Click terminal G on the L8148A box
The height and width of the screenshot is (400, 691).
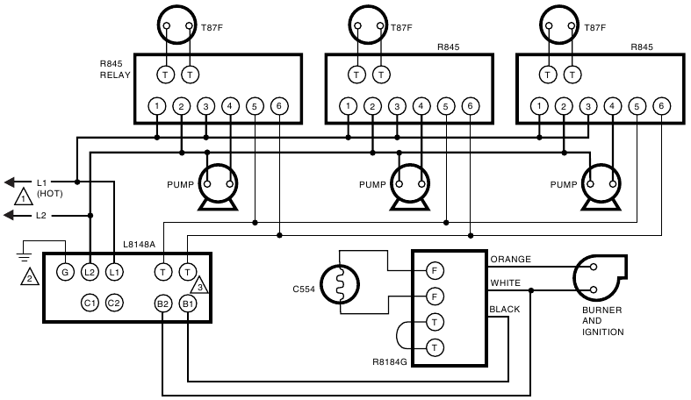tap(64, 272)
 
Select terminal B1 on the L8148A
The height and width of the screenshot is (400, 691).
tap(188, 304)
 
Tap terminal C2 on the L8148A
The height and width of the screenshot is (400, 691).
tap(114, 304)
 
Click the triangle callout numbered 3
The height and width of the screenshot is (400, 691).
tap(200, 285)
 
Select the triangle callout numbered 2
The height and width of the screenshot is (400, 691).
tap(30, 278)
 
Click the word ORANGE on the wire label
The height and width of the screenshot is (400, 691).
tap(512, 260)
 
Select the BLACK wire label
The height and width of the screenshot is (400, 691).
tap(506, 310)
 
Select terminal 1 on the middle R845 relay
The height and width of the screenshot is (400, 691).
tap(349, 107)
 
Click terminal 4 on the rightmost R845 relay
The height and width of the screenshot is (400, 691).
tap(612, 107)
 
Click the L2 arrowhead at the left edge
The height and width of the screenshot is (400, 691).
tap(11, 215)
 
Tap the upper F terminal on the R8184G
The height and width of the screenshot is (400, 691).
tap(434, 269)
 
